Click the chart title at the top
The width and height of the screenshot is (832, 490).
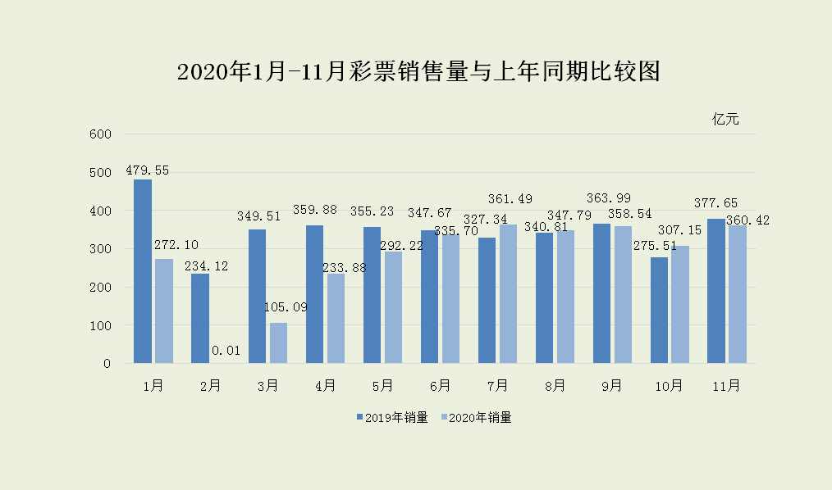418,72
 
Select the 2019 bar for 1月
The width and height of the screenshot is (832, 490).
143,271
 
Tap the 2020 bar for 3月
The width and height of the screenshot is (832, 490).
279,343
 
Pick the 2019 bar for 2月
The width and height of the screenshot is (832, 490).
200,318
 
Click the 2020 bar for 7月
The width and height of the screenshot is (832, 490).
509,293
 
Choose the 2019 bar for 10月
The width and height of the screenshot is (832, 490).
659,310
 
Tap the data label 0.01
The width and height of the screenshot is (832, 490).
226,351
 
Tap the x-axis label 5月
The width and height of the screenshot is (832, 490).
382,386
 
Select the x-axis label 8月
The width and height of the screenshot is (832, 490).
555,386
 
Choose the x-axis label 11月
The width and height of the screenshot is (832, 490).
726,386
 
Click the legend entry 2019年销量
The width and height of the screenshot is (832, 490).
392,418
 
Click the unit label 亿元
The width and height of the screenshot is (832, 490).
725,120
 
